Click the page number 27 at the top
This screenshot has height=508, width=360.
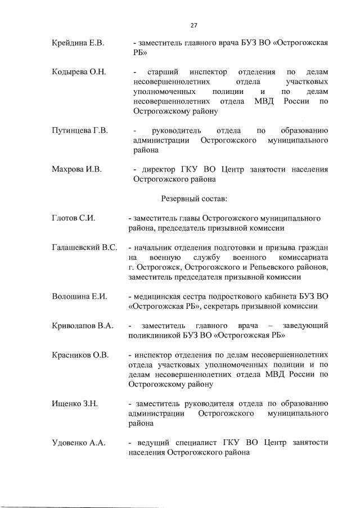pos(193,25)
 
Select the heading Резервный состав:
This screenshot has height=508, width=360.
pos(193,198)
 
